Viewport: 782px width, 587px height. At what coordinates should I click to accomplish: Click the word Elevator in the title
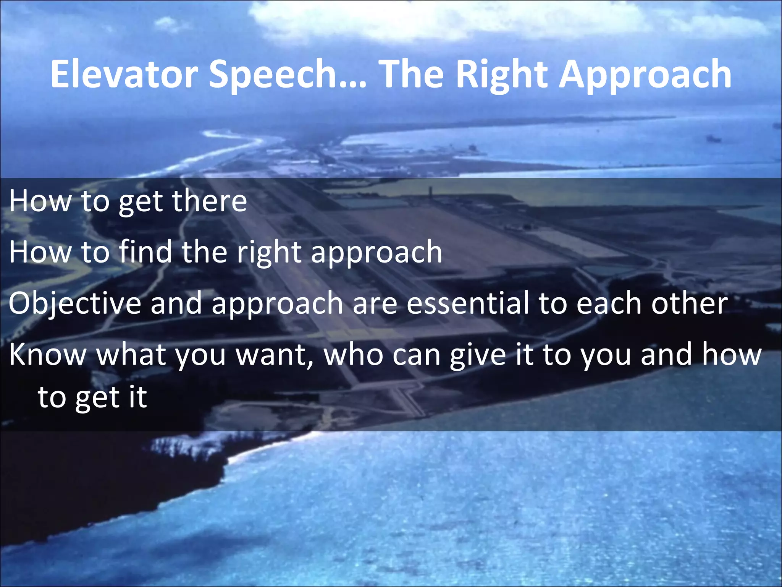[124, 75]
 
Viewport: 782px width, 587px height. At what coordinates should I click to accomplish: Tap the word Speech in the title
[272, 75]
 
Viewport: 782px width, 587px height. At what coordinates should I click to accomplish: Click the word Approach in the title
[645, 75]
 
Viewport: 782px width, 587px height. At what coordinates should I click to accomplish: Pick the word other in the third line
[689, 303]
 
